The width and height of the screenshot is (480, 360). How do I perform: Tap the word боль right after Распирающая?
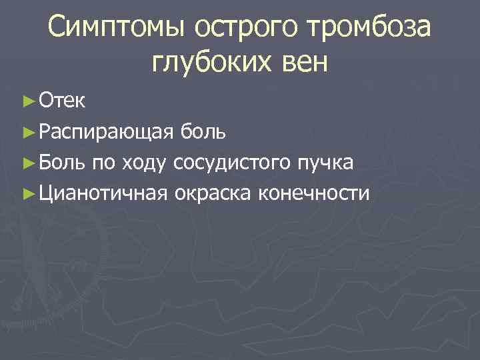pyautogui.click(x=202, y=131)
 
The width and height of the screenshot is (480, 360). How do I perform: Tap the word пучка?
pyautogui.click(x=326, y=162)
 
